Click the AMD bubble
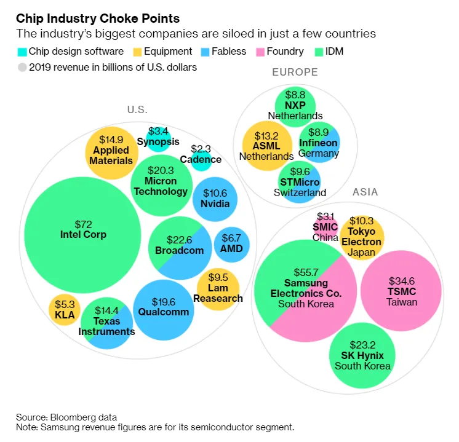point(231,244)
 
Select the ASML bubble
point(268,146)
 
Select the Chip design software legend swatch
point(23,52)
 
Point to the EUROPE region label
point(295,73)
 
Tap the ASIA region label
point(365,192)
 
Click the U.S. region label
point(137,110)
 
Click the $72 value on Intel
point(83,223)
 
